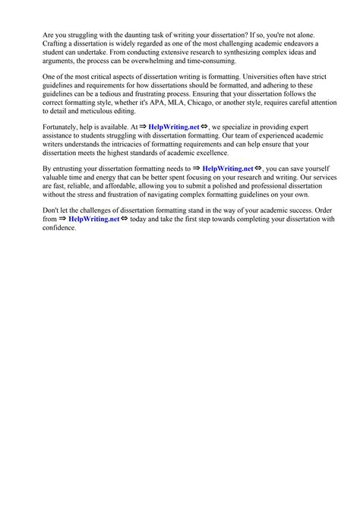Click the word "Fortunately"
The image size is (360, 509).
point(65,128)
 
